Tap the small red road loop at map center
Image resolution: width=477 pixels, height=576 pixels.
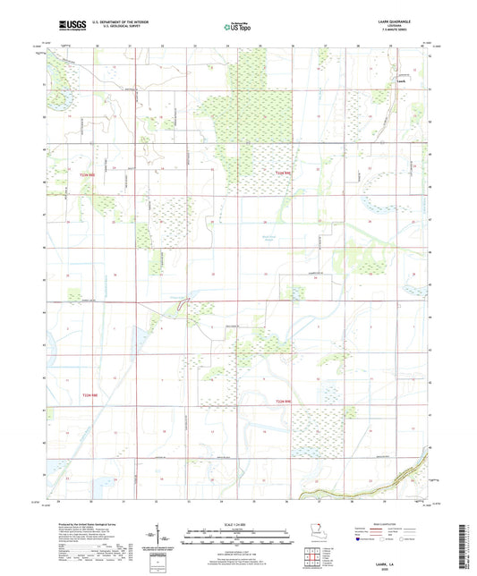click(x=183, y=306)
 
